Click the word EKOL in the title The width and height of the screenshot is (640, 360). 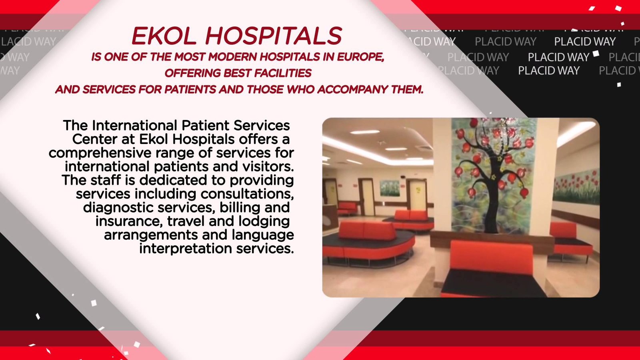[164, 36]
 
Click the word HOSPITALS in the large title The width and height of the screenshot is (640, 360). [274, 36]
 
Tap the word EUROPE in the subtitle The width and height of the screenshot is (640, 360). [360, 57]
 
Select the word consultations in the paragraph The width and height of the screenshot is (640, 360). [247, 194]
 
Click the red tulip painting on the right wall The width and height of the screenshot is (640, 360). [576, 186]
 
